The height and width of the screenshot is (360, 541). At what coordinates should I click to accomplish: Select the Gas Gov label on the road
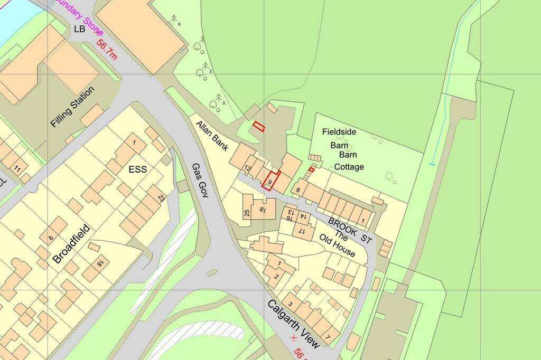(201, 180)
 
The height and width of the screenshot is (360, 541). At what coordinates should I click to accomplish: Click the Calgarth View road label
(293, 324)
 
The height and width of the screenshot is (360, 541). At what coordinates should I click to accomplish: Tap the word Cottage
(349, 167)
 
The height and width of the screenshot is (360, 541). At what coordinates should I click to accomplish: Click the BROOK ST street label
(350, 231)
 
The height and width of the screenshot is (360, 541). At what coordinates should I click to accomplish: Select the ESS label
(136, 170)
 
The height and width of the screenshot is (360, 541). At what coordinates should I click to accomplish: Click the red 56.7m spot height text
(107, 50)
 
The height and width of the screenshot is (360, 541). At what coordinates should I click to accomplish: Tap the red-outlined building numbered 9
(270, 181)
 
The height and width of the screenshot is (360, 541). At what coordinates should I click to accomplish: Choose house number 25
(247, 213)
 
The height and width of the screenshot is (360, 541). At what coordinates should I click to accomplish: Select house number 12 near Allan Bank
(247, 168)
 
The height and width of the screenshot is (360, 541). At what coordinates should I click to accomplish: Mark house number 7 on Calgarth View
(328, 337)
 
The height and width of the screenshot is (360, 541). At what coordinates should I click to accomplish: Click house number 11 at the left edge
(17, 169)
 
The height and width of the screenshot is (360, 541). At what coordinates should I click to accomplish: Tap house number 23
(161, 198)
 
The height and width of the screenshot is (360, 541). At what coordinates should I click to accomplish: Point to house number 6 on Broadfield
(51, 238)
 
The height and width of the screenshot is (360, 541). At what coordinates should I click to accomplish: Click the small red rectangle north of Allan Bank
(259, 126)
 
